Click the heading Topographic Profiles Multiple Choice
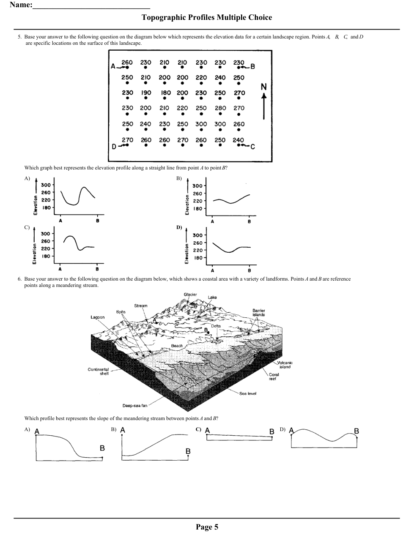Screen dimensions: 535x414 [x=207, y=17]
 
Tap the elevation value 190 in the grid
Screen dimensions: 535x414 [x=146, y=93]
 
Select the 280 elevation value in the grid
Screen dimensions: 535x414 [x=220, y=108]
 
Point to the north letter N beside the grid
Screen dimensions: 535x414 [x=264, y=87]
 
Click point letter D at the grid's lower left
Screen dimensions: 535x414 [x=114, y=146]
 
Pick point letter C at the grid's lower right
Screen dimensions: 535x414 [x=253, y=147]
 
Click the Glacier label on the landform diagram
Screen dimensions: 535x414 [x=190, y=295]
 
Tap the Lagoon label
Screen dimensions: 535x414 [x=98, y=317]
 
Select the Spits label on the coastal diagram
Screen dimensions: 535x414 [x=121, y=312]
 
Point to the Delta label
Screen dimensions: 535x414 [x=216, y=326]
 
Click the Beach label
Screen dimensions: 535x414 [x=177, y=346]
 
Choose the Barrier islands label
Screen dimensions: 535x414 [x=259, y=313]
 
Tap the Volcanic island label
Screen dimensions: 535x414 [x=285, y=365]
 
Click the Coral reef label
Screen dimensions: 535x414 [x=274, y=377]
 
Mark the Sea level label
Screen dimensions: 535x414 [x=248, y=393]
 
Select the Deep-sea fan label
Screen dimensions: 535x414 [x=135, y=406]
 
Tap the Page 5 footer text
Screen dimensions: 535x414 [x=207, y=527]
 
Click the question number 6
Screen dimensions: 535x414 [x=19, y=279]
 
